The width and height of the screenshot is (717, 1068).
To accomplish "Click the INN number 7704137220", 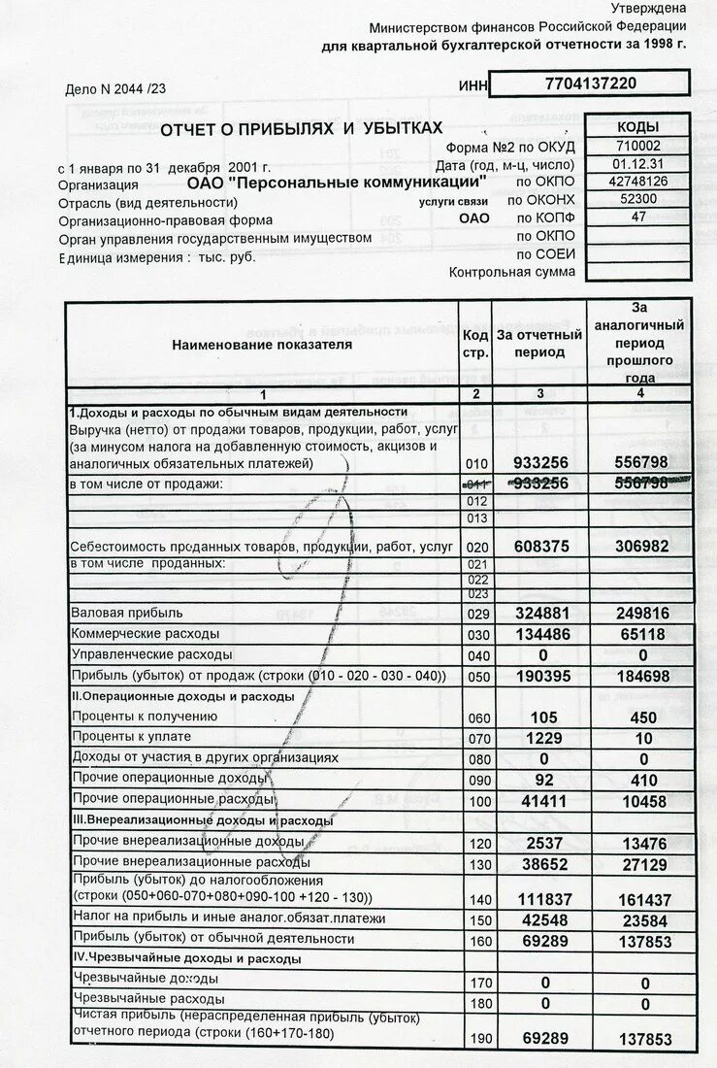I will pos(591,83).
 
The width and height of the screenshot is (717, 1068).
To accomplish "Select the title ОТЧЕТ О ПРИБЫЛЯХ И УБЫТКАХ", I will pos(301,128).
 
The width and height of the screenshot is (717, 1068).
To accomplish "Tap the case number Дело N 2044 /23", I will pos(115,89).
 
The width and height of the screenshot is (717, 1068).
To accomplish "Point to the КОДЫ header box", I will pos(637,127).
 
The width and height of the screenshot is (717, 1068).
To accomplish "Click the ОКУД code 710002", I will pos(637,146).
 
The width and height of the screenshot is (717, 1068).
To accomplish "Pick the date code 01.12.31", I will pos(637,163).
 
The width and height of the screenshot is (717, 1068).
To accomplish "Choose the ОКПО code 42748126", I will pos(637,182).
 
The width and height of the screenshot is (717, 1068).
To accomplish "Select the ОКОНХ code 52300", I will pos(637,199).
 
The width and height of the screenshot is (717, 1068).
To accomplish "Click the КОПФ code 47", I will pos(637,217).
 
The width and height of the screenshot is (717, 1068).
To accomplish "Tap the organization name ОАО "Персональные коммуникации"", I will pos(336,182).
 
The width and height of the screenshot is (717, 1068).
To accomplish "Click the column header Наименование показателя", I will pos(262,344).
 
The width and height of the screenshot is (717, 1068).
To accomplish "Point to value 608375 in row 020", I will pos(539,547).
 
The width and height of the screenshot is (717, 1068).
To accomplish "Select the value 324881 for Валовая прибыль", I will pos(539,614).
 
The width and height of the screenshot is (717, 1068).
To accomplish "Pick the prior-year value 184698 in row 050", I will pos(641,676).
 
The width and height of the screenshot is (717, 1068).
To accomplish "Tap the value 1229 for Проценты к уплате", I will pos(539,738).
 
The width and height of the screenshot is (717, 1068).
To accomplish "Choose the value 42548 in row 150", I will pos(539,919).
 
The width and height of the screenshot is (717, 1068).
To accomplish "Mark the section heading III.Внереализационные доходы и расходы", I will pos(202,820).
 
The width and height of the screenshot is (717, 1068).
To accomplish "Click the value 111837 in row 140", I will pos(539,900).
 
